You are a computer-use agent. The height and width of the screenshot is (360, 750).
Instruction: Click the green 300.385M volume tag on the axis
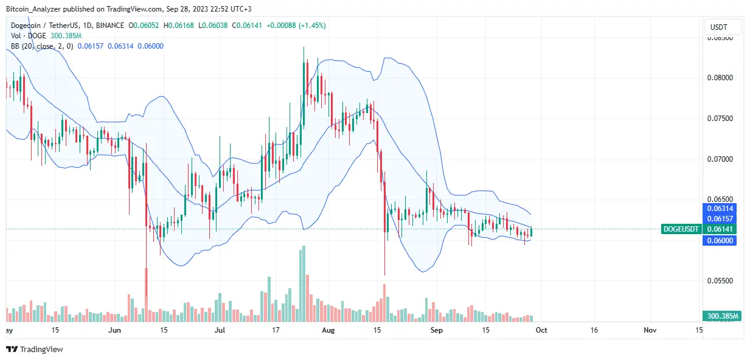click(x=721, y=316)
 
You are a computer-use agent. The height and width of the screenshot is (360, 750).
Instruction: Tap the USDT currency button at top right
click(x=724, y=27)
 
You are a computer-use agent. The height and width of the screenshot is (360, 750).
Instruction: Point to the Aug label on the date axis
click(x=328, y=330)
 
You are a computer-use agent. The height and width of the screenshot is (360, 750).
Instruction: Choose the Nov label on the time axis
click(x=650, y=330)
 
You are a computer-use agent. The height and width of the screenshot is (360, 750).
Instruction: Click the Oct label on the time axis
click(x=542, y=330)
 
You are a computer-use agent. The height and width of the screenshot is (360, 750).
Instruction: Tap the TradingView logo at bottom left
click(x=35, y=350)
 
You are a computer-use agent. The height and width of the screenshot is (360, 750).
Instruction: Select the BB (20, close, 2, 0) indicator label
click(x=39, y=46)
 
